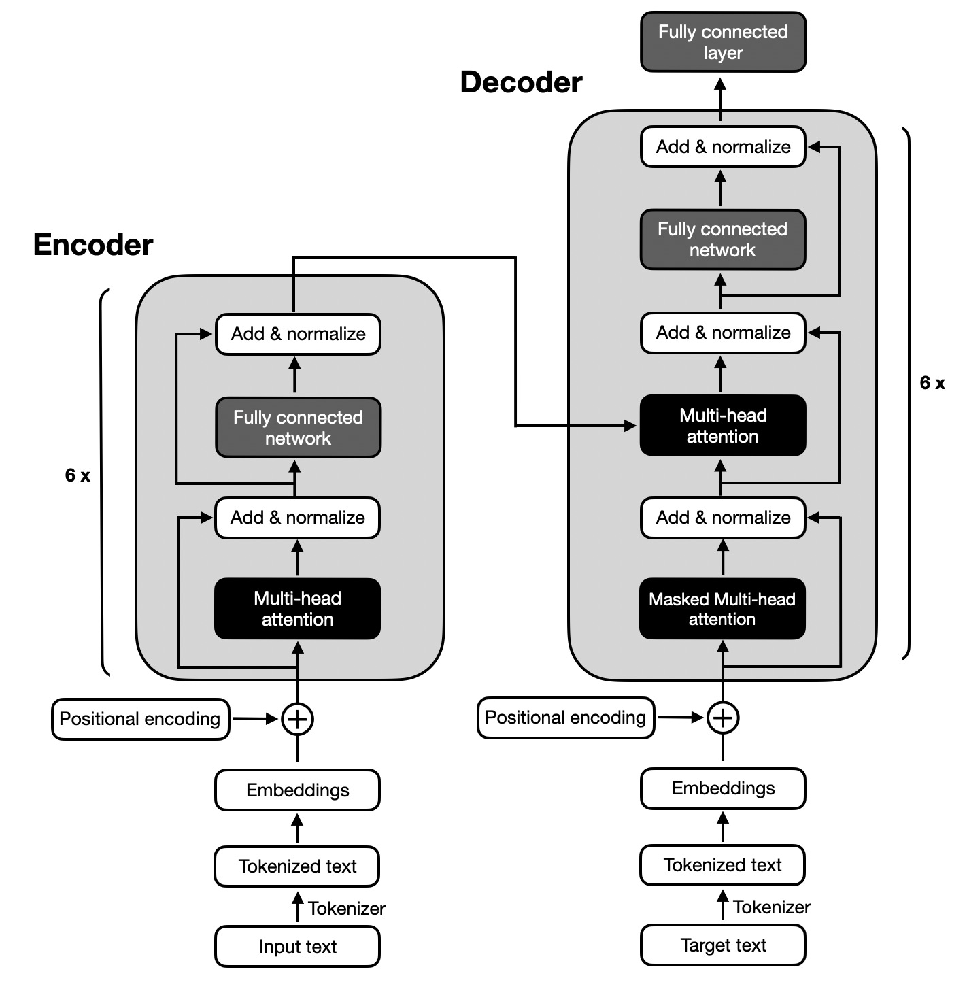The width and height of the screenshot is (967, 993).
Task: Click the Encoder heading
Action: [93, 245]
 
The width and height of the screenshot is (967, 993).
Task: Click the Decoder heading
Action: [521, 82]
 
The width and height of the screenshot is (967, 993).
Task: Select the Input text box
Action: [297, 946]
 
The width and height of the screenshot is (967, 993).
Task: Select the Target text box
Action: [723, 945]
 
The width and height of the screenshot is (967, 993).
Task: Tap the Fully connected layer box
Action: [723, 42]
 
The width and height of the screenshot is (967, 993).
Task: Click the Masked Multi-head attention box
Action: [722, 609]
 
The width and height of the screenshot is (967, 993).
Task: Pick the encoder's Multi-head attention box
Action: [297, 609]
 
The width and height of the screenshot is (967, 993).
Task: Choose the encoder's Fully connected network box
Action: [298, 428]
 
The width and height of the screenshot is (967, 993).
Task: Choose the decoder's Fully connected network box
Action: [722, 239]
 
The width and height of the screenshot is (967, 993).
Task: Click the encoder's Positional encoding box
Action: [140, 719]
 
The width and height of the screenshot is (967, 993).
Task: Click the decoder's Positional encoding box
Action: [566, 718]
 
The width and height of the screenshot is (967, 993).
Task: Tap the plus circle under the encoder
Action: [298, 719]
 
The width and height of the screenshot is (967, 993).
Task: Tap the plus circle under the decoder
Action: [723, 718]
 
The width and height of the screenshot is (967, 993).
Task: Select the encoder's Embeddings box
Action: [297, 790]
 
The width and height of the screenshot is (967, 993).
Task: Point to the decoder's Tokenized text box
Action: [722, 865]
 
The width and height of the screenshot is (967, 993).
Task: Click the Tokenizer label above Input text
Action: [346, 909]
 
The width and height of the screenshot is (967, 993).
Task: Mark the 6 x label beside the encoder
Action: [78, 475]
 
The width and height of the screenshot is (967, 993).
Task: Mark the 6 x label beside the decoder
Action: [932, 383]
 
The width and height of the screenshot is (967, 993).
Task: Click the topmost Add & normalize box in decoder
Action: [723, 146]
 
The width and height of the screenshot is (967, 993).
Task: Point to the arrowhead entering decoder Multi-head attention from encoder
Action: [630, 426]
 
